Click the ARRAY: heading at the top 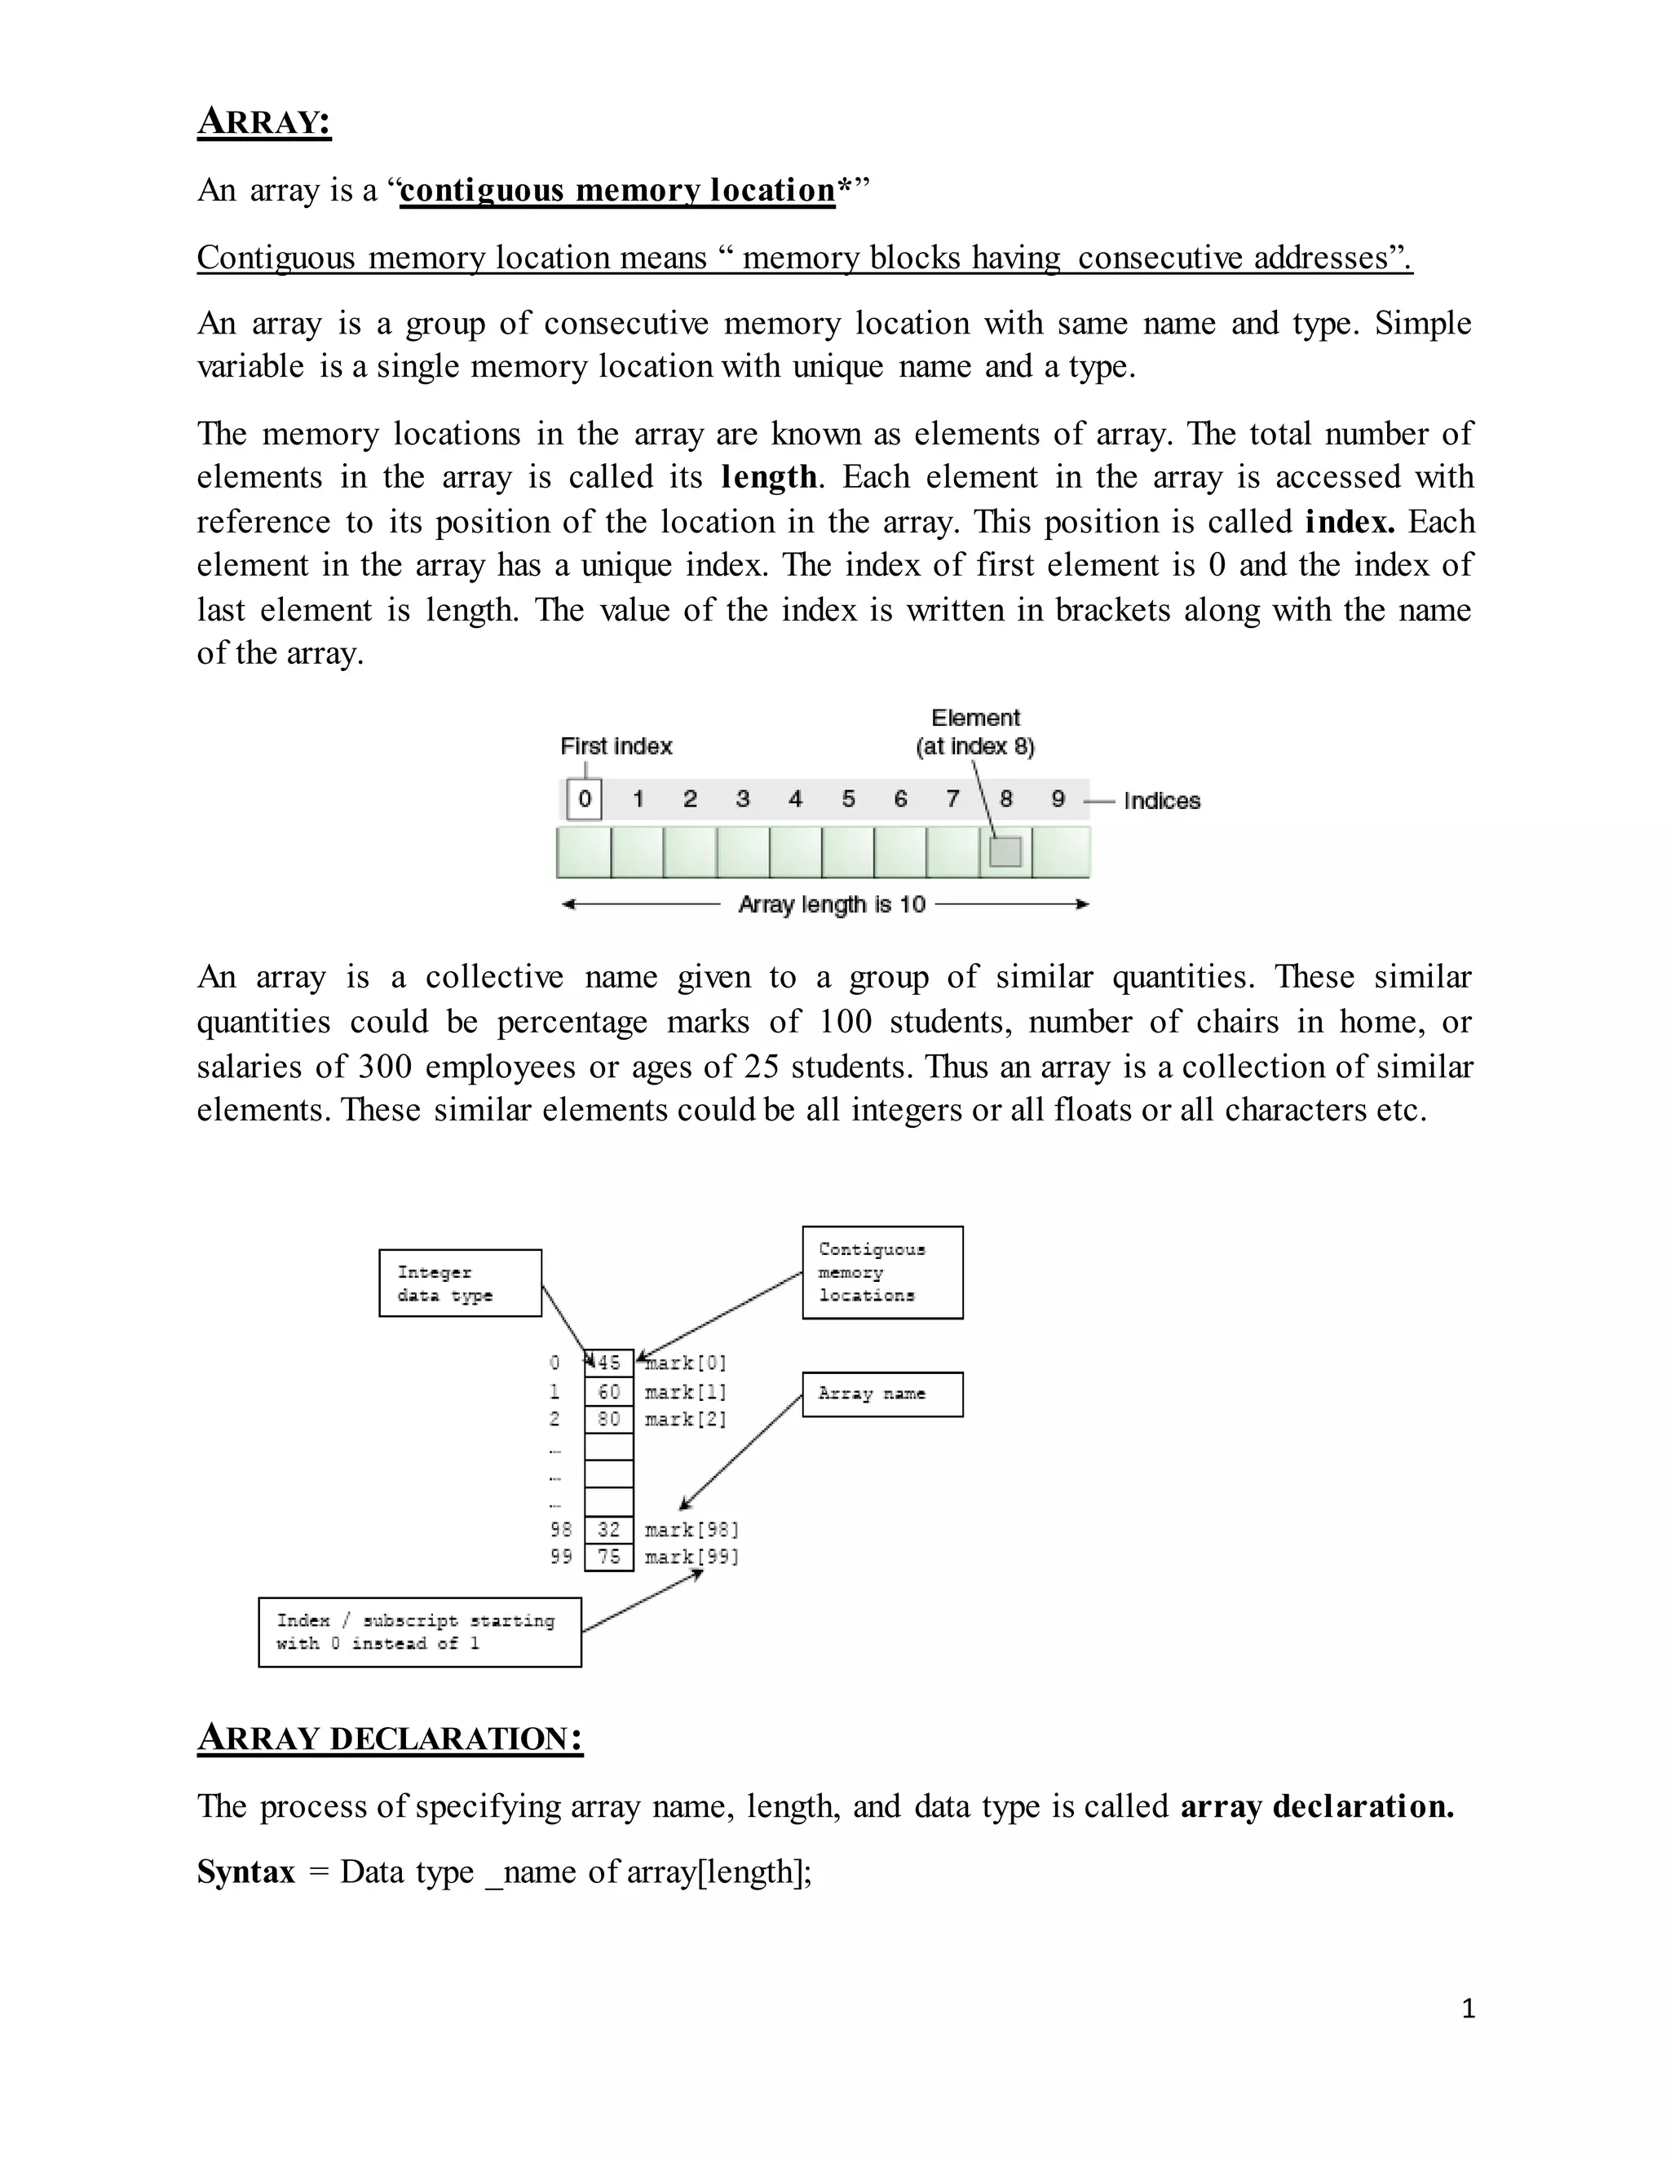(x=264, y=122)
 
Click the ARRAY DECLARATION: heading (x=390, y=1738)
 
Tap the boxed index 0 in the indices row (x=585, y=798)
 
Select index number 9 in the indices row (x=1058, y=798)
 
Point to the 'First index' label (x=616, y=746)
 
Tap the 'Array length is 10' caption (x=831, y=904)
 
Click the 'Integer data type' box (x=460, y=1284)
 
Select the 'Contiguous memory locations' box (x=881, y=1272)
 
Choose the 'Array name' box (x=881, y=1394)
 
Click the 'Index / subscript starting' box (x=419, y=1632)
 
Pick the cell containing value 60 (x=608, y=1392)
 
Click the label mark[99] (x=691, y=1557)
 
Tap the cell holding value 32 (x=608, y=1530)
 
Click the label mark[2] (x=686, y=1419)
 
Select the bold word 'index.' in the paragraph (x=1350, y=521)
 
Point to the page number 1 (x=1468, y=2008)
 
